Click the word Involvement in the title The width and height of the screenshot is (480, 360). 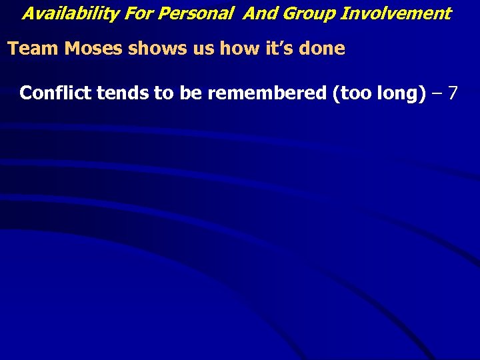tap(396, 13)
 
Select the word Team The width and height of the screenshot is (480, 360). tap(29, 49)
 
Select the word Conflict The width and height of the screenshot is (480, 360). tap(56, 93)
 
